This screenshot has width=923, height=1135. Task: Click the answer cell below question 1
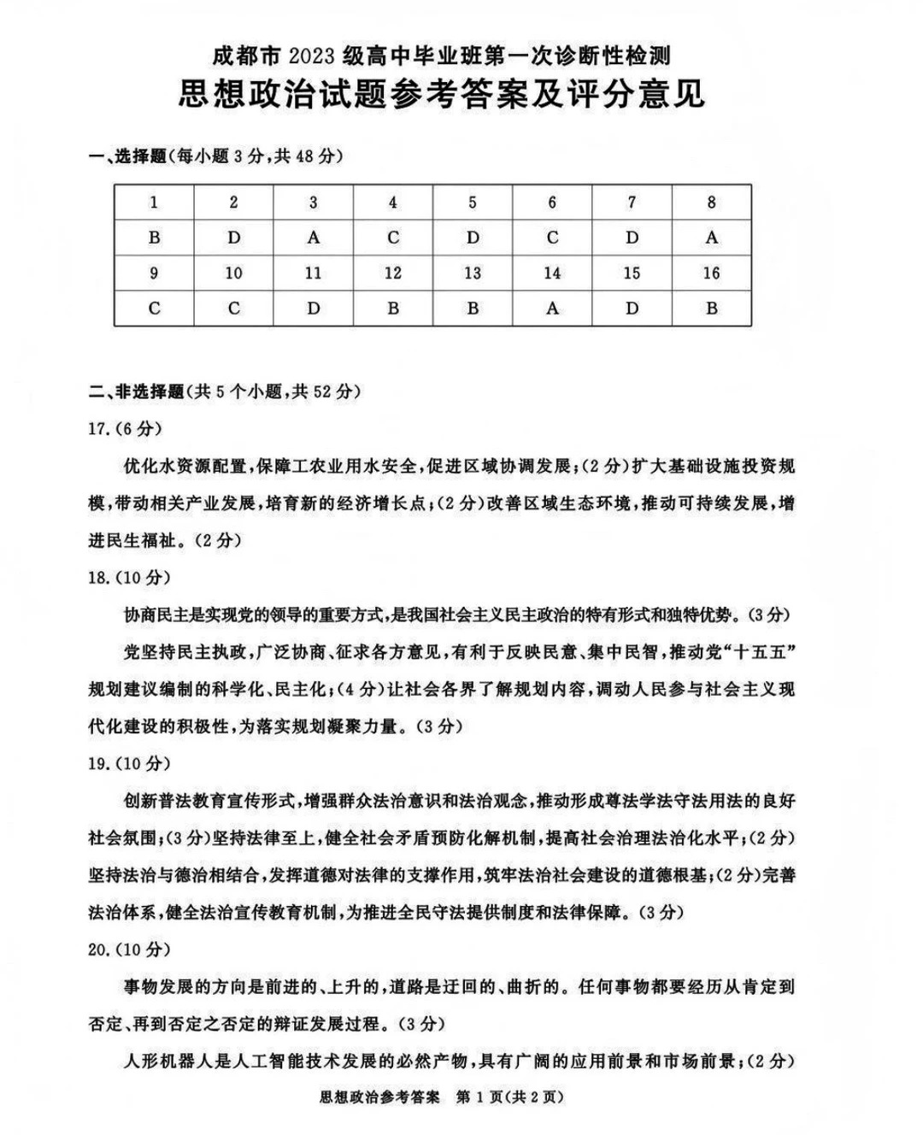click(154, 238)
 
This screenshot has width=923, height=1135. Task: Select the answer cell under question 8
click(711, 238)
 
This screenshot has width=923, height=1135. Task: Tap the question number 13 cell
click(473, 273)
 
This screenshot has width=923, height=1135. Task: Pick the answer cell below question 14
click(552, 309)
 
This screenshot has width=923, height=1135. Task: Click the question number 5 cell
click(473, 203)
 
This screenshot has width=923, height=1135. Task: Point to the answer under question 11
click(313, 309)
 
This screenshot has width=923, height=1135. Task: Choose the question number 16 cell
click(711, 273)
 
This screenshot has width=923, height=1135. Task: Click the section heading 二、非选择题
click(136, 391)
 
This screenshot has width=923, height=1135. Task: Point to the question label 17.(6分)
click(125, 428)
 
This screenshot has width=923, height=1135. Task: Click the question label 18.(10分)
click(129, 577)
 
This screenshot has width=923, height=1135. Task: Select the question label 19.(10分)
click(129, 763)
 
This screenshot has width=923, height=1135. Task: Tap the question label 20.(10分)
click(129, 949)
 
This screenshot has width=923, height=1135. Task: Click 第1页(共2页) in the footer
click(510, 1097)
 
